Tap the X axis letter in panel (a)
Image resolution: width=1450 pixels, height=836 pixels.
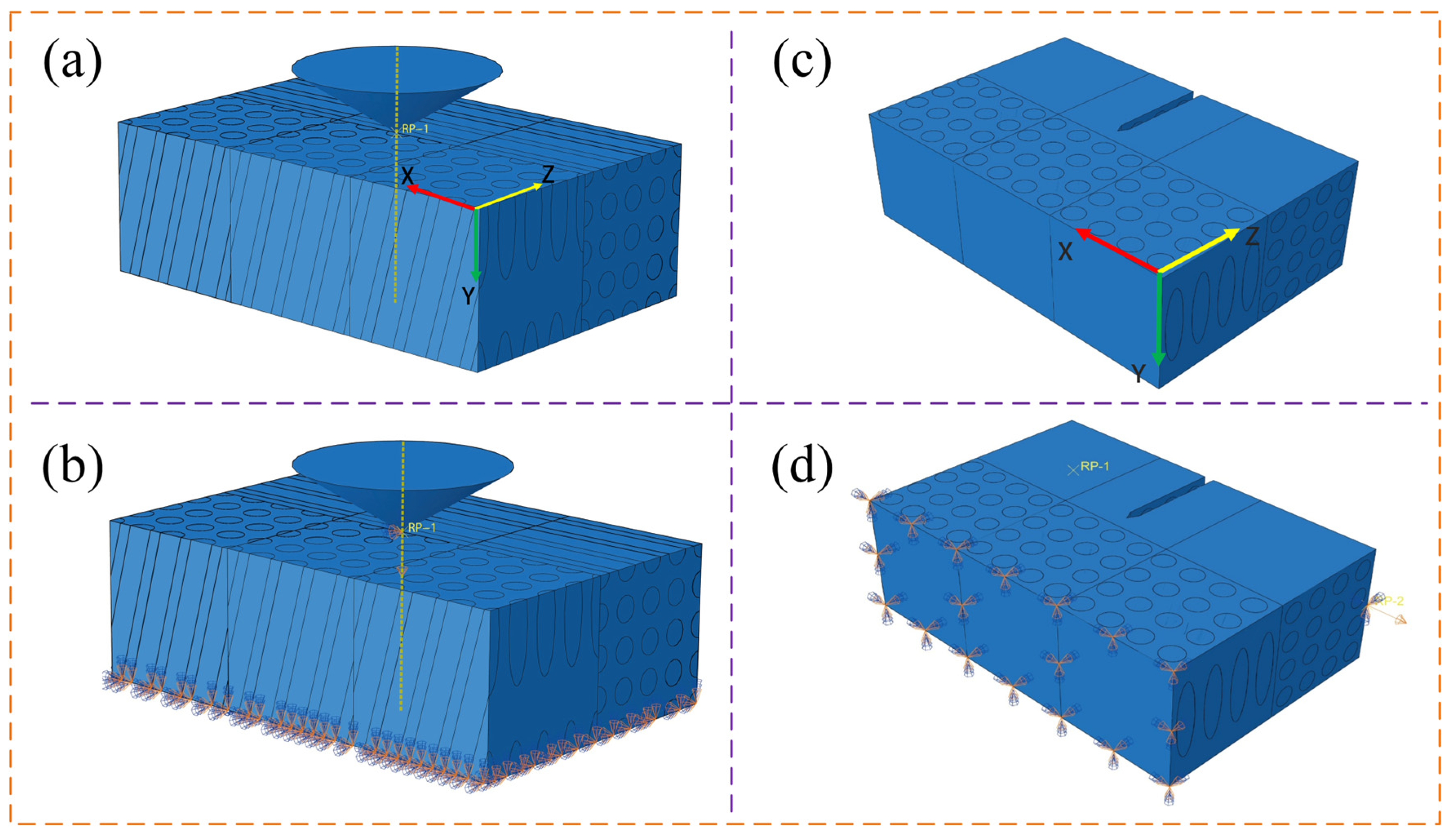point(407,176)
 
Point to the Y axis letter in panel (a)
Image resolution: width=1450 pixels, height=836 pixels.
point(468,296)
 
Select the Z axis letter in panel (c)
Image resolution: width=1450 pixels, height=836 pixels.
point(1252,236)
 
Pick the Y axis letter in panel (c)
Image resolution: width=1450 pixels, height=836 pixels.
point(1138,374)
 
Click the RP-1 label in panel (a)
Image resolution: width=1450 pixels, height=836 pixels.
point(415,129)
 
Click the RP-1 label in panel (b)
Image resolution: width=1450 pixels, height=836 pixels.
point(422,527)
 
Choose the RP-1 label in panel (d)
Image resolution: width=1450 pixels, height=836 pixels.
point(1094,466)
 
